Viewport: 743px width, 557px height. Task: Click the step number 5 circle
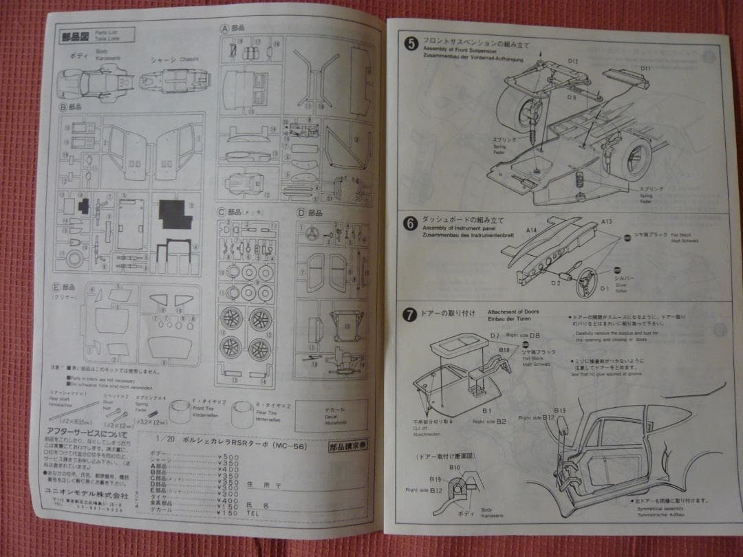(x=411, y=44)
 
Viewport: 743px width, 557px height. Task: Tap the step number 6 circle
(x=410, y=223)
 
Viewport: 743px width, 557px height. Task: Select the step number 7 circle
(x=410, y=316)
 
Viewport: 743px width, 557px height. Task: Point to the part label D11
(x=645, y=69)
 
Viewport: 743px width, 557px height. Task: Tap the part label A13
(x=607, y=222)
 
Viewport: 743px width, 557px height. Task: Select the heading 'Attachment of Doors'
(x=513, y=312)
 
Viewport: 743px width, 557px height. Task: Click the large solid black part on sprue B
(x=175, y=214)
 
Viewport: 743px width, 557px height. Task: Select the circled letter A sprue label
(x=224, y=29)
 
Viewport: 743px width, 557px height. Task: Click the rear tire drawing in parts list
(x=247, y=415)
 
